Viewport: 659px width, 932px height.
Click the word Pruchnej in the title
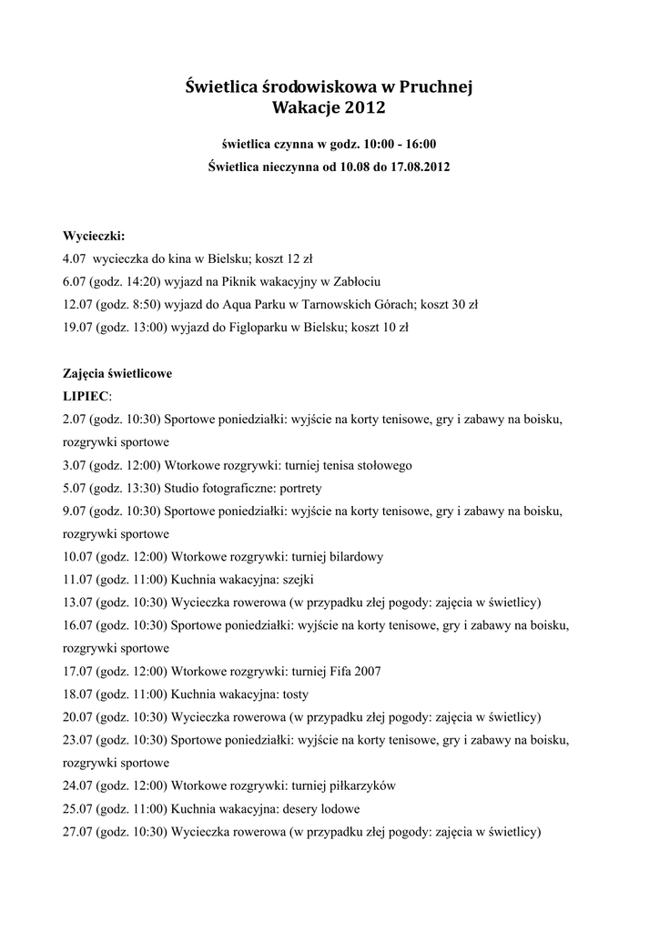pyautogui.click(x=436, y=87)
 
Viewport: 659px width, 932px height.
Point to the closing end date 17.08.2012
pyautogui.click(x=417, y=167)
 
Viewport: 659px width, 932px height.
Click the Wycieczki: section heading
pyautogui.click(x=94, y=236)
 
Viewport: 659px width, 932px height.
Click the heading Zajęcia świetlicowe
pyautogui.click(x=117, y=373)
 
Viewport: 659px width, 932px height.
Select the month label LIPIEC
pyautogui.click(x=85, y=396)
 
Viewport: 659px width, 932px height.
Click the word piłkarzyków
pyautogui.click(x=361, y=785)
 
